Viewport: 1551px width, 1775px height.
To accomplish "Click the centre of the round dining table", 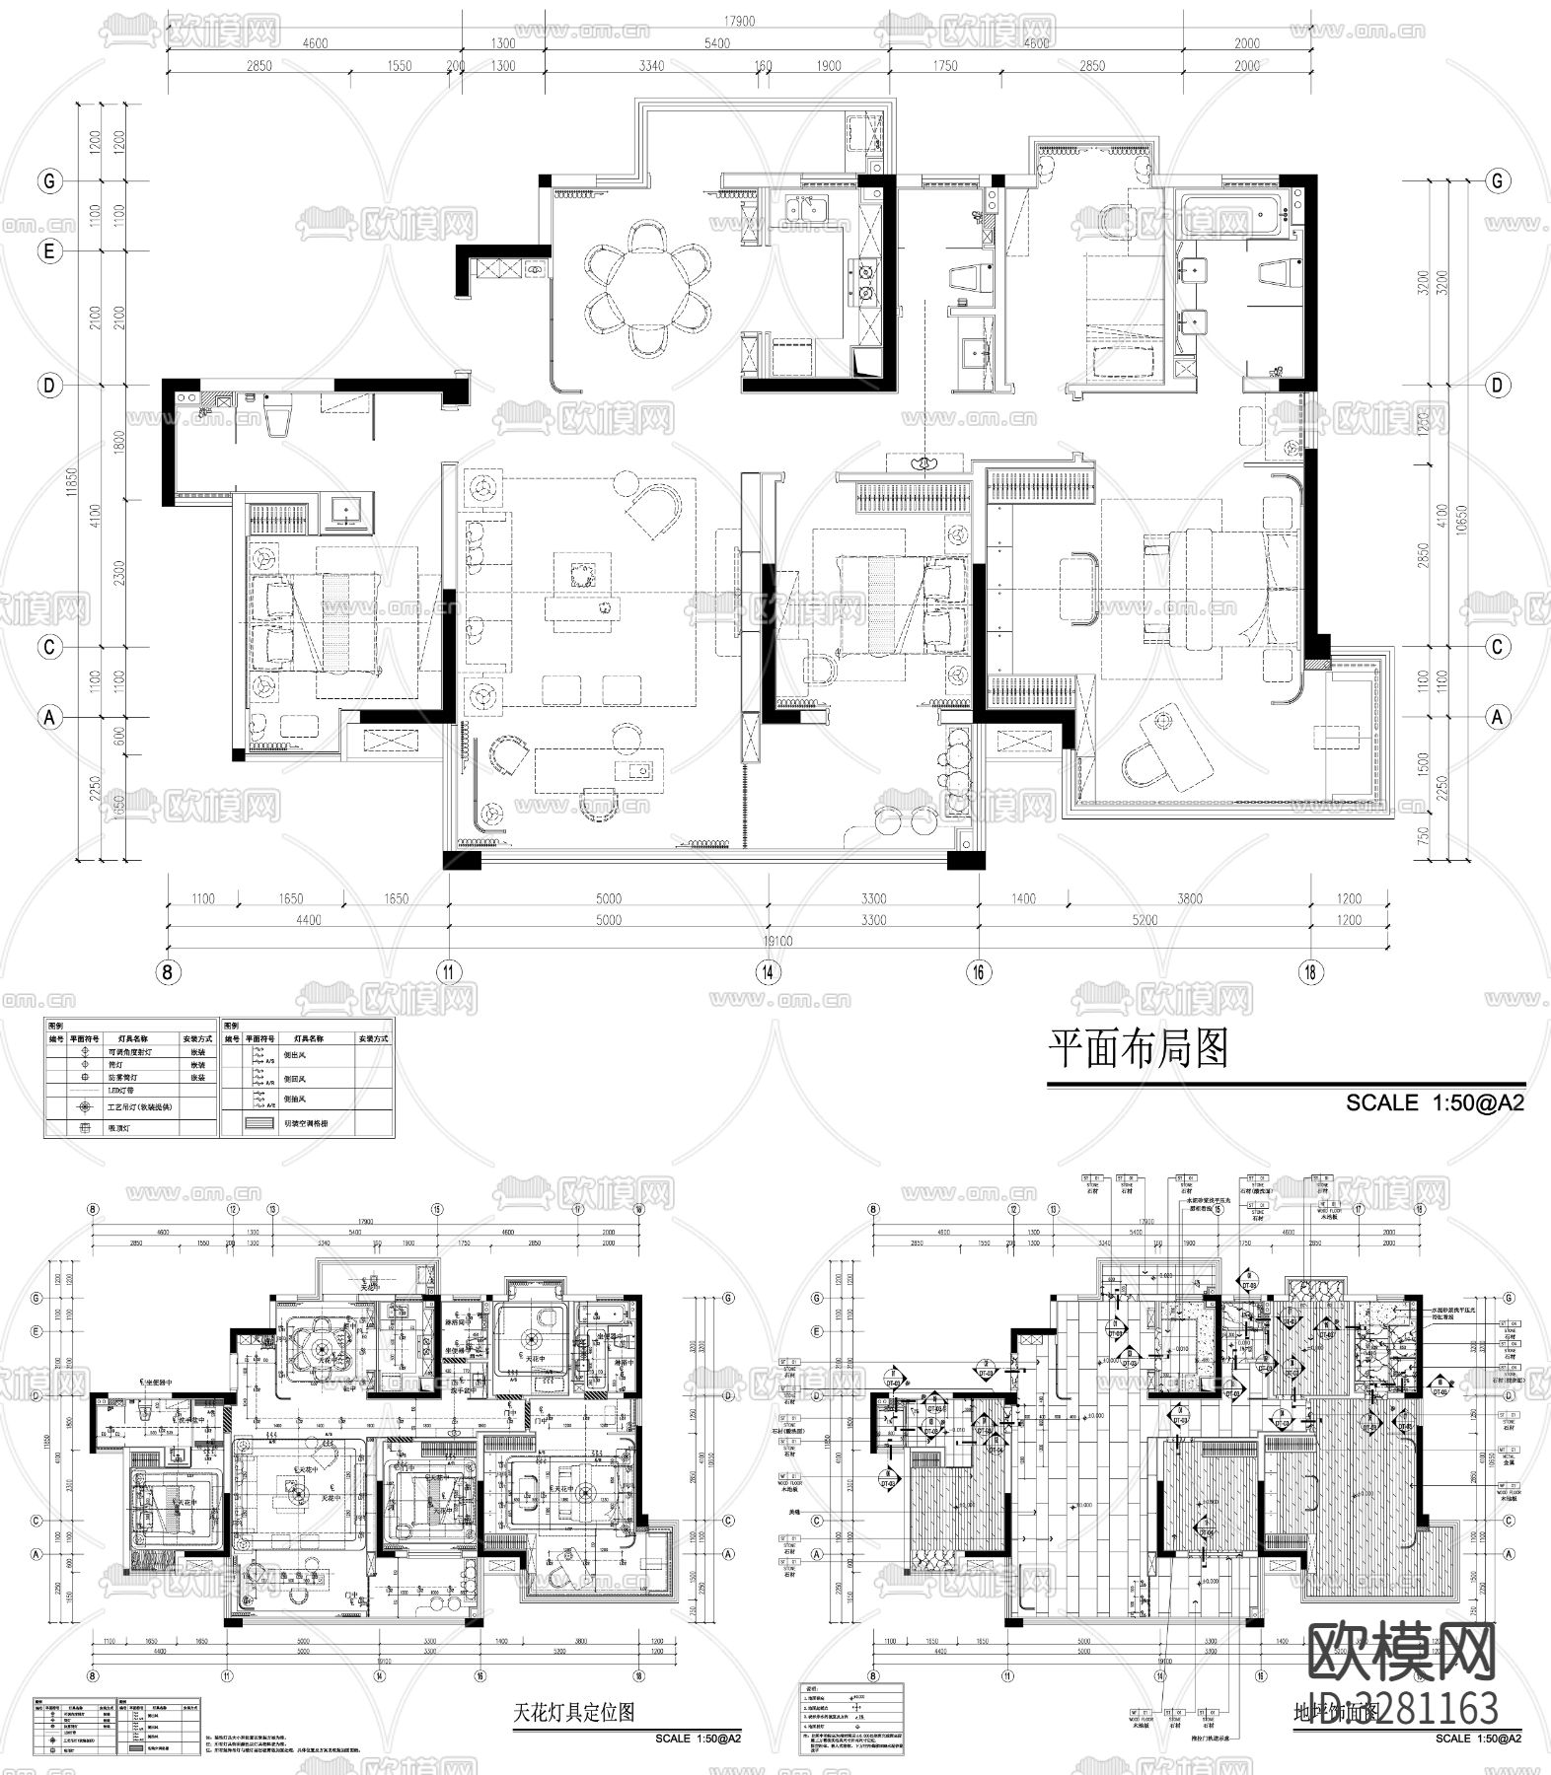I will point(646,287).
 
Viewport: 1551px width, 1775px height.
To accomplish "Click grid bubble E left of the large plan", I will point(48,252).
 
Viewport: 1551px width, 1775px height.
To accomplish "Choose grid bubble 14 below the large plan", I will point(768,971).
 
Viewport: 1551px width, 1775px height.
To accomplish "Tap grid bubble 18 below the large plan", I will point(1310,971).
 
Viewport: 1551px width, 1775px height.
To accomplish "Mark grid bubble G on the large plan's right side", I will point(1498,181).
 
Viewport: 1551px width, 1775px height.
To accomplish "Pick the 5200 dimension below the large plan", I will point(1145,920).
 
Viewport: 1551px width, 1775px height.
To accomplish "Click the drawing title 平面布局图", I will point(1138,1050).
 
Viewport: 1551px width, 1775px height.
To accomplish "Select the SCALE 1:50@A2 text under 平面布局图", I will point(1435,1102).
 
